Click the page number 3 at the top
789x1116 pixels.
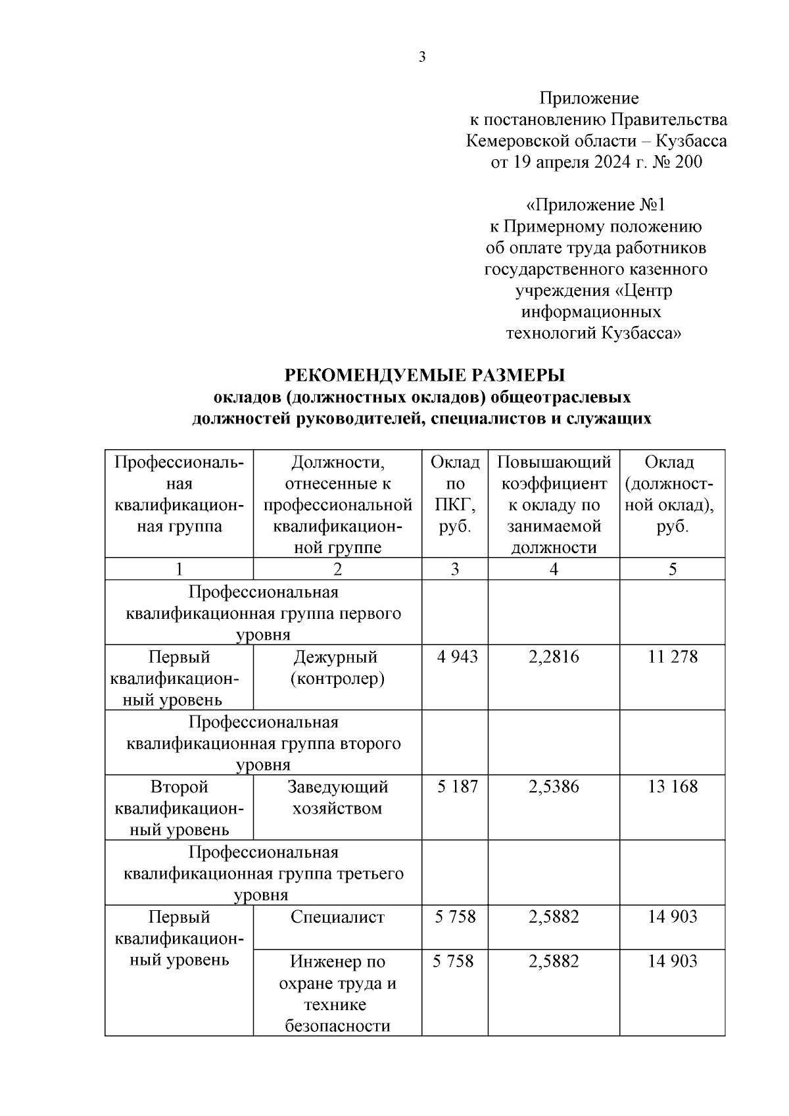click(x=422, y=57)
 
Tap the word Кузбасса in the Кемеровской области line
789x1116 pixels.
click(x=691, y=141)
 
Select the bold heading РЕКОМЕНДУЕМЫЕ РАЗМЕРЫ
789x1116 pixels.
click(x=425, y=376)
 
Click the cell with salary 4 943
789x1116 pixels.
click(x=456, y=657)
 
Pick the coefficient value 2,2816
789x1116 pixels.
click(x=554, y=657)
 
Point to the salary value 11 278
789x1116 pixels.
click(x=672, y=657)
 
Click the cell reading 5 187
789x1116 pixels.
click(x=456, y=787)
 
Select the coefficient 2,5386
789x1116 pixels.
click(x=554, y=787)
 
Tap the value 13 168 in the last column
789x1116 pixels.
click(x=672, y=787)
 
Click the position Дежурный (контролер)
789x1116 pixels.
click(x=337, y=667)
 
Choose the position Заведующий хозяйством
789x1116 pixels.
click(x=337, y=798)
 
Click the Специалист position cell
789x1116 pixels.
click(x=337, y=917)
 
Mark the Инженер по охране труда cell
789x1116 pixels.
click(x=337, y=993)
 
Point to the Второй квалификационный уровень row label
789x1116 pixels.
click(x=179, y=808)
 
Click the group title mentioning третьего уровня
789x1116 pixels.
click(x=263, y=874)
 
